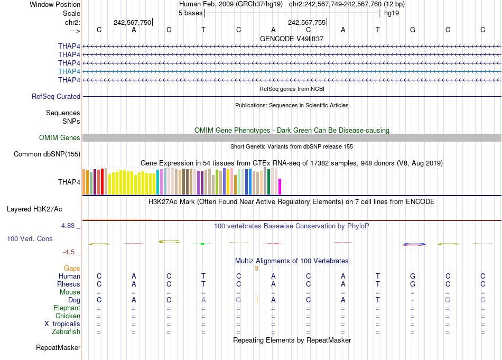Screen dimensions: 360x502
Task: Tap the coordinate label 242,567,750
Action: coord(132,22)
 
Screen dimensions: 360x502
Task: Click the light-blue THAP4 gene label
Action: coord(69,71)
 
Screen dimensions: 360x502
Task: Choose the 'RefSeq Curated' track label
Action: coord(56,97)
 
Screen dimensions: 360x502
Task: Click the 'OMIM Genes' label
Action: coord(60,138)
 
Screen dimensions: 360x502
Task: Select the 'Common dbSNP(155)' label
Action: coord(47,154)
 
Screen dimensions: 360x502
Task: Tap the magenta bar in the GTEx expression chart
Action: coord(280,187)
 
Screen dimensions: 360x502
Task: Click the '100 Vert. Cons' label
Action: coord(30,239)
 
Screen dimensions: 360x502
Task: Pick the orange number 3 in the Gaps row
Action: coord(256,269)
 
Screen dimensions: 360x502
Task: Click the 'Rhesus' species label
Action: coord(69,284)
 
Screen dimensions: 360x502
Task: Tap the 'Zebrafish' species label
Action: coord(66,332)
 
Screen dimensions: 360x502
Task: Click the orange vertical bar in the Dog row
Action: coord(257,300)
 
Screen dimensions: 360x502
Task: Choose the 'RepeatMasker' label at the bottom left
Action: coord(58,348)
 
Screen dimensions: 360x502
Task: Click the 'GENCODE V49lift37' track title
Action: coord(292,39)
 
